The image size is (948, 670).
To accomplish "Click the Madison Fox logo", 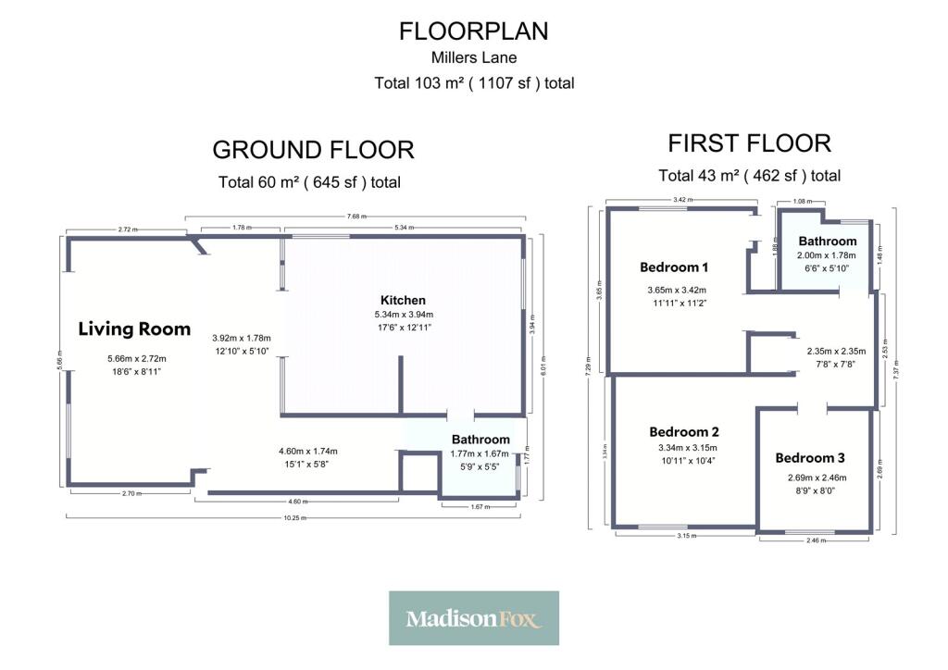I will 473,618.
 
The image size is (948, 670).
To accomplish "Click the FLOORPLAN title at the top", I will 473,31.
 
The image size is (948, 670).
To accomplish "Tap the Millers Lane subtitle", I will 473,58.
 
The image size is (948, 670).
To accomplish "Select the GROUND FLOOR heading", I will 313,150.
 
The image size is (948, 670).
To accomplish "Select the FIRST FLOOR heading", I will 749,143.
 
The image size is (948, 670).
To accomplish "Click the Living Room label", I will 134,329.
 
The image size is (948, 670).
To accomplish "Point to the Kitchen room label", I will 404,300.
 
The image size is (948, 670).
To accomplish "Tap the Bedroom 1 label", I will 674,267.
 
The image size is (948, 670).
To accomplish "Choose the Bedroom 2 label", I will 684,432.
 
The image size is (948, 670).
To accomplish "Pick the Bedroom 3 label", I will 810,458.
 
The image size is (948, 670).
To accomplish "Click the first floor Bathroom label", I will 827,242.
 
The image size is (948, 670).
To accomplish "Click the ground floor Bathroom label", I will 480,440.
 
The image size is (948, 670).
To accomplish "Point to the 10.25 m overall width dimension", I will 297,517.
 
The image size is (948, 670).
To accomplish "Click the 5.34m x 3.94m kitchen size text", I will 404,315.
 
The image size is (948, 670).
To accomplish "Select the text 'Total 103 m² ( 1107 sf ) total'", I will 473,83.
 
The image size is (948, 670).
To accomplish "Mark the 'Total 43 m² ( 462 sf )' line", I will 749,176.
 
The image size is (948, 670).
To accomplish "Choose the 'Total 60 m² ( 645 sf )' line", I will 309,182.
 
